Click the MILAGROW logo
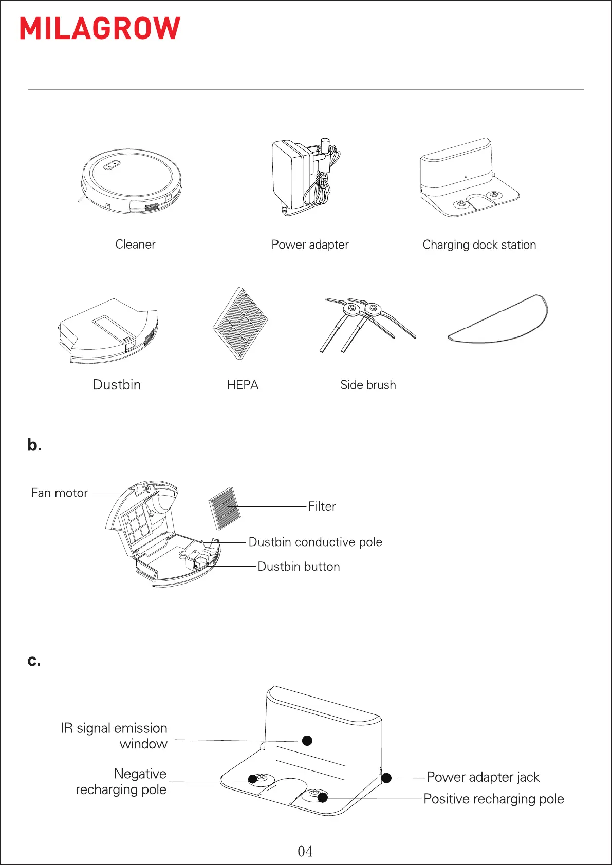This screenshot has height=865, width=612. (x=100, y=28)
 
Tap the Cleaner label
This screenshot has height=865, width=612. (x=135, y=245)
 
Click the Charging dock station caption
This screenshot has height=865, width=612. (x=479, y=245)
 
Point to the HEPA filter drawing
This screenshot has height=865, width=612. (x=240, y=324)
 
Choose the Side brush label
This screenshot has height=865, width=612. (x=368, y=385)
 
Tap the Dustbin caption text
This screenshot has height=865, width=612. (x=117, y=385)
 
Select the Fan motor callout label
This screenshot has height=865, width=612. (x=59, y=493)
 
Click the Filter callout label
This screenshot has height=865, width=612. (x=322, y=506)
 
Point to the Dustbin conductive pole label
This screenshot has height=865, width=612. (x=315, y=542)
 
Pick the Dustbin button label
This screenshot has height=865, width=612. (x=299, y=567)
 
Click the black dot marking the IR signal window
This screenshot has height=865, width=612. (x=307, y=741)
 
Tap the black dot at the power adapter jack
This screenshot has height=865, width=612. (x=386, y=778)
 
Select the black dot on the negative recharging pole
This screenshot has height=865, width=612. (x=253, y=779)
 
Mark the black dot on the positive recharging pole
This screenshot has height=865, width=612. (x=323, y=798)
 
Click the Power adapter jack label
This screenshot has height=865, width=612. (x=483, y=777)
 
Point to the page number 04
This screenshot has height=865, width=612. (x=305, y=852)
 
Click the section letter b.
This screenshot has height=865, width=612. (x=34, y=445)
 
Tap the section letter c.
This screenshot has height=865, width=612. (x=34, y=661)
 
